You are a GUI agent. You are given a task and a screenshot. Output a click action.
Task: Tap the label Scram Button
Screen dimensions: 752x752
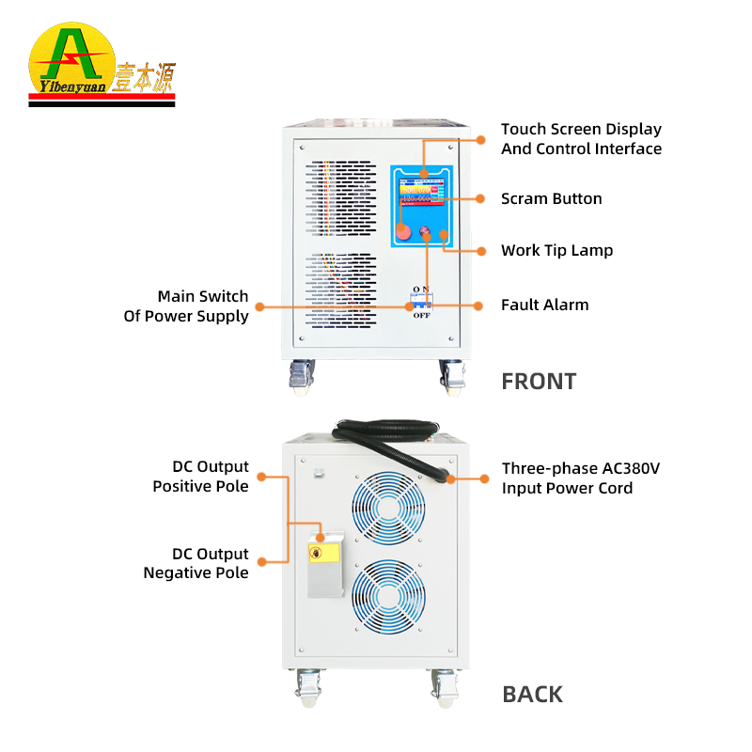point(551,199)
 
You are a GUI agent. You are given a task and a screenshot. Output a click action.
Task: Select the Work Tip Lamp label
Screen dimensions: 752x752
point(556,251)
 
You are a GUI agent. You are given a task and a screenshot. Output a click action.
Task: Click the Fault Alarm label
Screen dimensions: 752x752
point(544,305)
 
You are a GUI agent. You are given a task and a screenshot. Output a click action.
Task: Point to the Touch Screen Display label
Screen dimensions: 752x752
point(581,139)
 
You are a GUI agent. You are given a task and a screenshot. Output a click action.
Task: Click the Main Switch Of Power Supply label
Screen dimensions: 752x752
point(186,305)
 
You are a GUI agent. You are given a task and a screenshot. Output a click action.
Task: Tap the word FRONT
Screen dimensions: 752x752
point(539,382)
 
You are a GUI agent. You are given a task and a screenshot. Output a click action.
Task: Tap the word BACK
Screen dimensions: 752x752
point(533,695)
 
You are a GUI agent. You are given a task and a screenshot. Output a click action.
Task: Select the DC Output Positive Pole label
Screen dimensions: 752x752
point(200,477)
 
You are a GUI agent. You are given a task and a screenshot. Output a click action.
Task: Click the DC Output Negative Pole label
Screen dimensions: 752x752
point(196,563)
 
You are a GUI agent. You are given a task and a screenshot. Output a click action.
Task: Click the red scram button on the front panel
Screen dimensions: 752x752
point(403,231)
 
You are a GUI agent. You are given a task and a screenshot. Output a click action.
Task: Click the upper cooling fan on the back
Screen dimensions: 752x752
point(389,504)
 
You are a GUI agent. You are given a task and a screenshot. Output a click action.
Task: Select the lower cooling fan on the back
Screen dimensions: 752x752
point(389,598)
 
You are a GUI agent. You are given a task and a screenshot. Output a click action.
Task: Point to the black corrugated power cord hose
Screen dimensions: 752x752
point(395,444)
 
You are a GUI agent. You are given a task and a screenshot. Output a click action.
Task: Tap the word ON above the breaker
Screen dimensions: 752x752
point(420,289)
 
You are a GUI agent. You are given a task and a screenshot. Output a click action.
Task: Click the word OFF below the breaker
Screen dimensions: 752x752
point(420,316)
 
